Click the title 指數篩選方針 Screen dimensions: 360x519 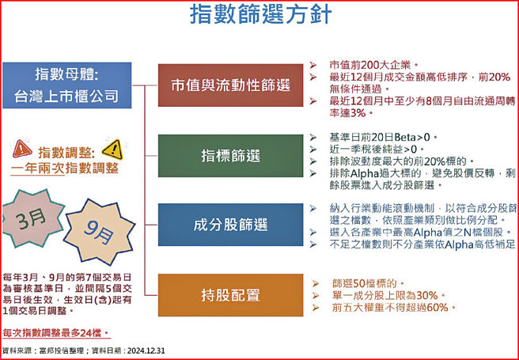(259, 17)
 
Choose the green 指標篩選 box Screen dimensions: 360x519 (230, 155)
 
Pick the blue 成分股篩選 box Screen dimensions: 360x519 (230, 225)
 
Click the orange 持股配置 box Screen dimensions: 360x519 (230, 296)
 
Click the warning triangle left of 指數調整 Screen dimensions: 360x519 (23, 148)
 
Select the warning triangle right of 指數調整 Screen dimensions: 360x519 (112, 149)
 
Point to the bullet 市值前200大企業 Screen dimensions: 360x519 (372, 64)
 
